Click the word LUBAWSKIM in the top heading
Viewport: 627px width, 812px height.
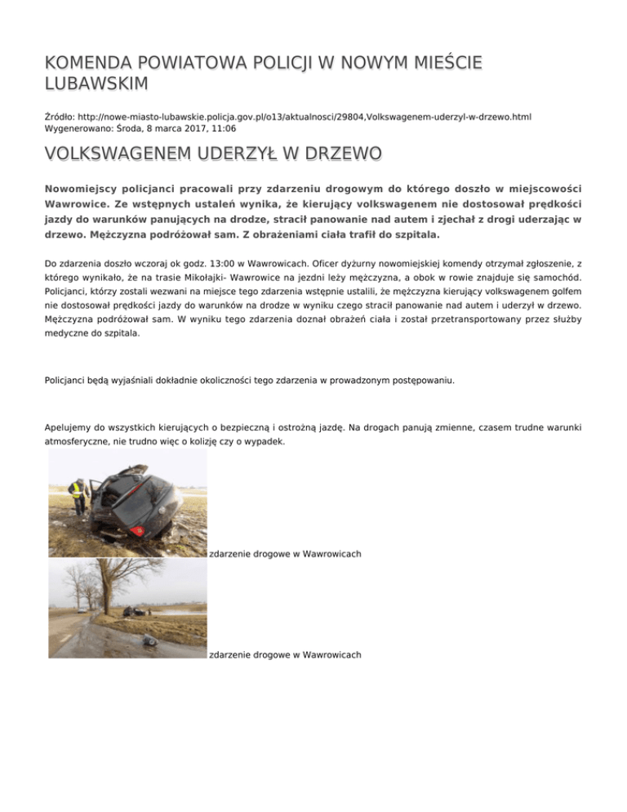(x=96, y=83)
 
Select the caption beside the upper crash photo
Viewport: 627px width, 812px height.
(x=285, y=554)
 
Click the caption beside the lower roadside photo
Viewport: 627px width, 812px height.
(x=285, y=654)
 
